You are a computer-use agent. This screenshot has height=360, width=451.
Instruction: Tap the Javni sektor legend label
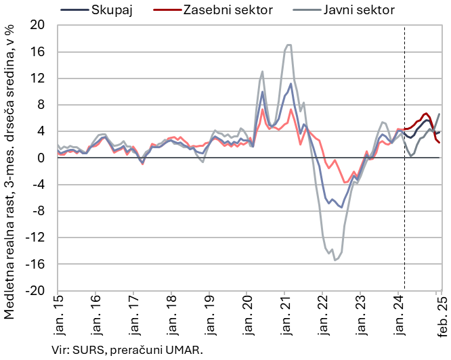pos(358,9)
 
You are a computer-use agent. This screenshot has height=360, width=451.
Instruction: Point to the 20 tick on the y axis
pos(38,26)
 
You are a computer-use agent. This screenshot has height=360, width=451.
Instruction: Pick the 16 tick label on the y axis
pos(39,52)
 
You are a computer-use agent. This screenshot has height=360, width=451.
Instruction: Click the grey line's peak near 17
pos(288,45)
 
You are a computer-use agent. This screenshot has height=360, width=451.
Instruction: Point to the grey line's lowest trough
pos(335,260)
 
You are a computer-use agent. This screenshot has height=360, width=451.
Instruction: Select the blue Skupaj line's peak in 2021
pos(291,84)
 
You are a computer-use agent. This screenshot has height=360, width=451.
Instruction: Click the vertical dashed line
pos(404,203)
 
